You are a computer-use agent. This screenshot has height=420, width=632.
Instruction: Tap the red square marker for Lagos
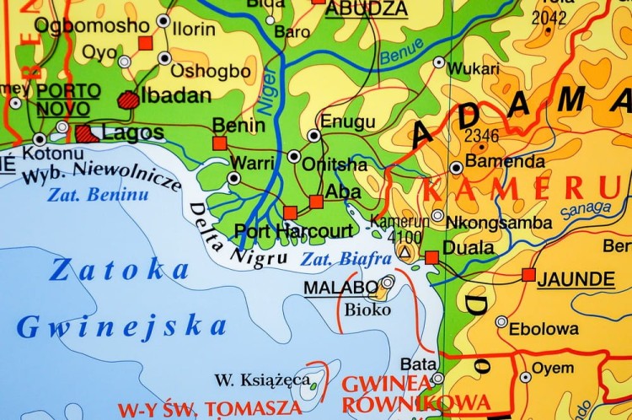pyautogui.click(x=83, y=132)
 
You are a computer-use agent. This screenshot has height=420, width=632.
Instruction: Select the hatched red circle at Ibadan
pyautogui.click(x=129, y=99)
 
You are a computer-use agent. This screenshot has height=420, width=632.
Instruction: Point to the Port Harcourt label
pyautogui.click(x=294, y=230)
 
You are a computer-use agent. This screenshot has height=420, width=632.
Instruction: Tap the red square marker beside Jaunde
pyautogui.click(x=528, y=275)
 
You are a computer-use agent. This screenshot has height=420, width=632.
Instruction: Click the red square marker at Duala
pyautogui.click(x=431, y=256)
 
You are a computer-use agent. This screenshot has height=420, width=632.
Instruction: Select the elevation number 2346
pyautogui.click(x=481, y=136)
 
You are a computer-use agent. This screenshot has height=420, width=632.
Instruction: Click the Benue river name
pyautogui.click(x=402, y=52)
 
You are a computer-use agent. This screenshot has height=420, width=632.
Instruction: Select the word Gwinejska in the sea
pyautogui.click(x=122, y=326)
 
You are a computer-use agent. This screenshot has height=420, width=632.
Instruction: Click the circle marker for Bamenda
pyautogui.click(x=456, y=166)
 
